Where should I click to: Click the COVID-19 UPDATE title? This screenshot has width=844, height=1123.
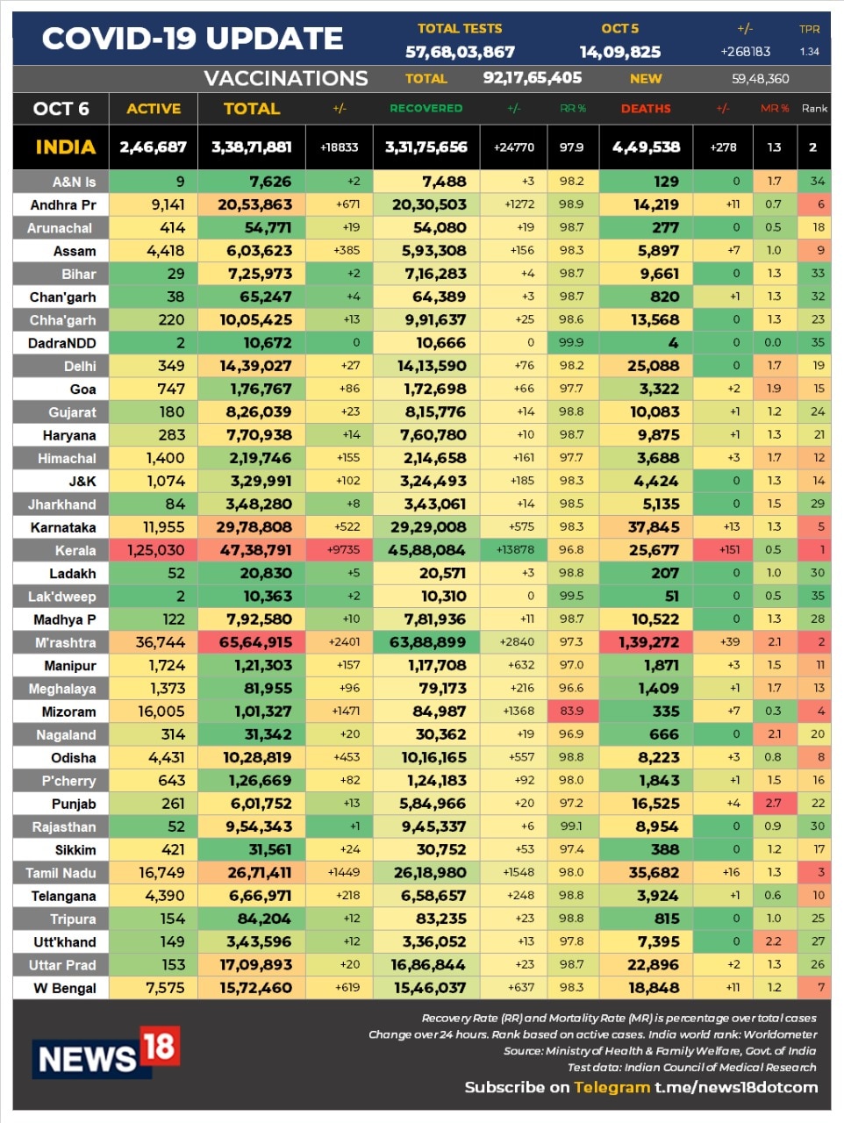[x=192, y=39]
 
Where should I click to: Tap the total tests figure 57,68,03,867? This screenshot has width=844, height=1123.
[x=460, y=52]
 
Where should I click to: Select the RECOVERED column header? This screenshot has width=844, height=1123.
[x=426, y=109]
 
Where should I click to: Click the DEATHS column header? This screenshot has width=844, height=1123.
[x=646, y=109]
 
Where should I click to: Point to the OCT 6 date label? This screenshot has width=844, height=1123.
[x=61, y=109]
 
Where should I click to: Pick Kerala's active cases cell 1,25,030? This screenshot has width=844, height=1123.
[x=155, y=550]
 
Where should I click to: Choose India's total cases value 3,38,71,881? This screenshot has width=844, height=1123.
[x=251, y=147]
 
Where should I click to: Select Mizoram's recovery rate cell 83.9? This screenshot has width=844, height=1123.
[x=571, y=711]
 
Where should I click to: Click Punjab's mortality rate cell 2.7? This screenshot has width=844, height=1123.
[x=773, y=803]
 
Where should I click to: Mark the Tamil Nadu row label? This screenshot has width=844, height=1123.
[x=61, y=873]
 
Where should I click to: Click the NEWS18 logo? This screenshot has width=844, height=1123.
[x=106, y=1053]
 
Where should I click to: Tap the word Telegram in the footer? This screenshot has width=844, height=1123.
[x=612, y=1087]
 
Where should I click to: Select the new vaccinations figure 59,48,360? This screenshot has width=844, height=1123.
[x=760, y=79]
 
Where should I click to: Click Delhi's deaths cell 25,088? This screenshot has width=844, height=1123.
[x=653, y=366]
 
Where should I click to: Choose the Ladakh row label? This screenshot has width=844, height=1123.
[x=72, y=573]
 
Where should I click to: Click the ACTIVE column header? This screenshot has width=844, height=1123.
[x=154, y=109]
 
